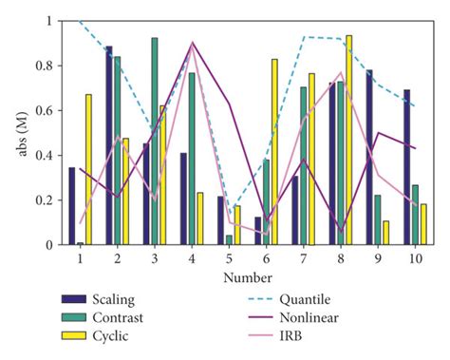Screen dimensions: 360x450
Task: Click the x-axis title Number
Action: pos(245,278)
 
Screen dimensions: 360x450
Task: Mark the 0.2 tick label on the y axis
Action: pos(46,200)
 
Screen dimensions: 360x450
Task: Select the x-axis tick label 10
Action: pos(415,259)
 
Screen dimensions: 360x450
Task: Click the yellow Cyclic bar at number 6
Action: pos(274,152)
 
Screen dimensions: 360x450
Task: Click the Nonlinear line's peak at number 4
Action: pos(193,43)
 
